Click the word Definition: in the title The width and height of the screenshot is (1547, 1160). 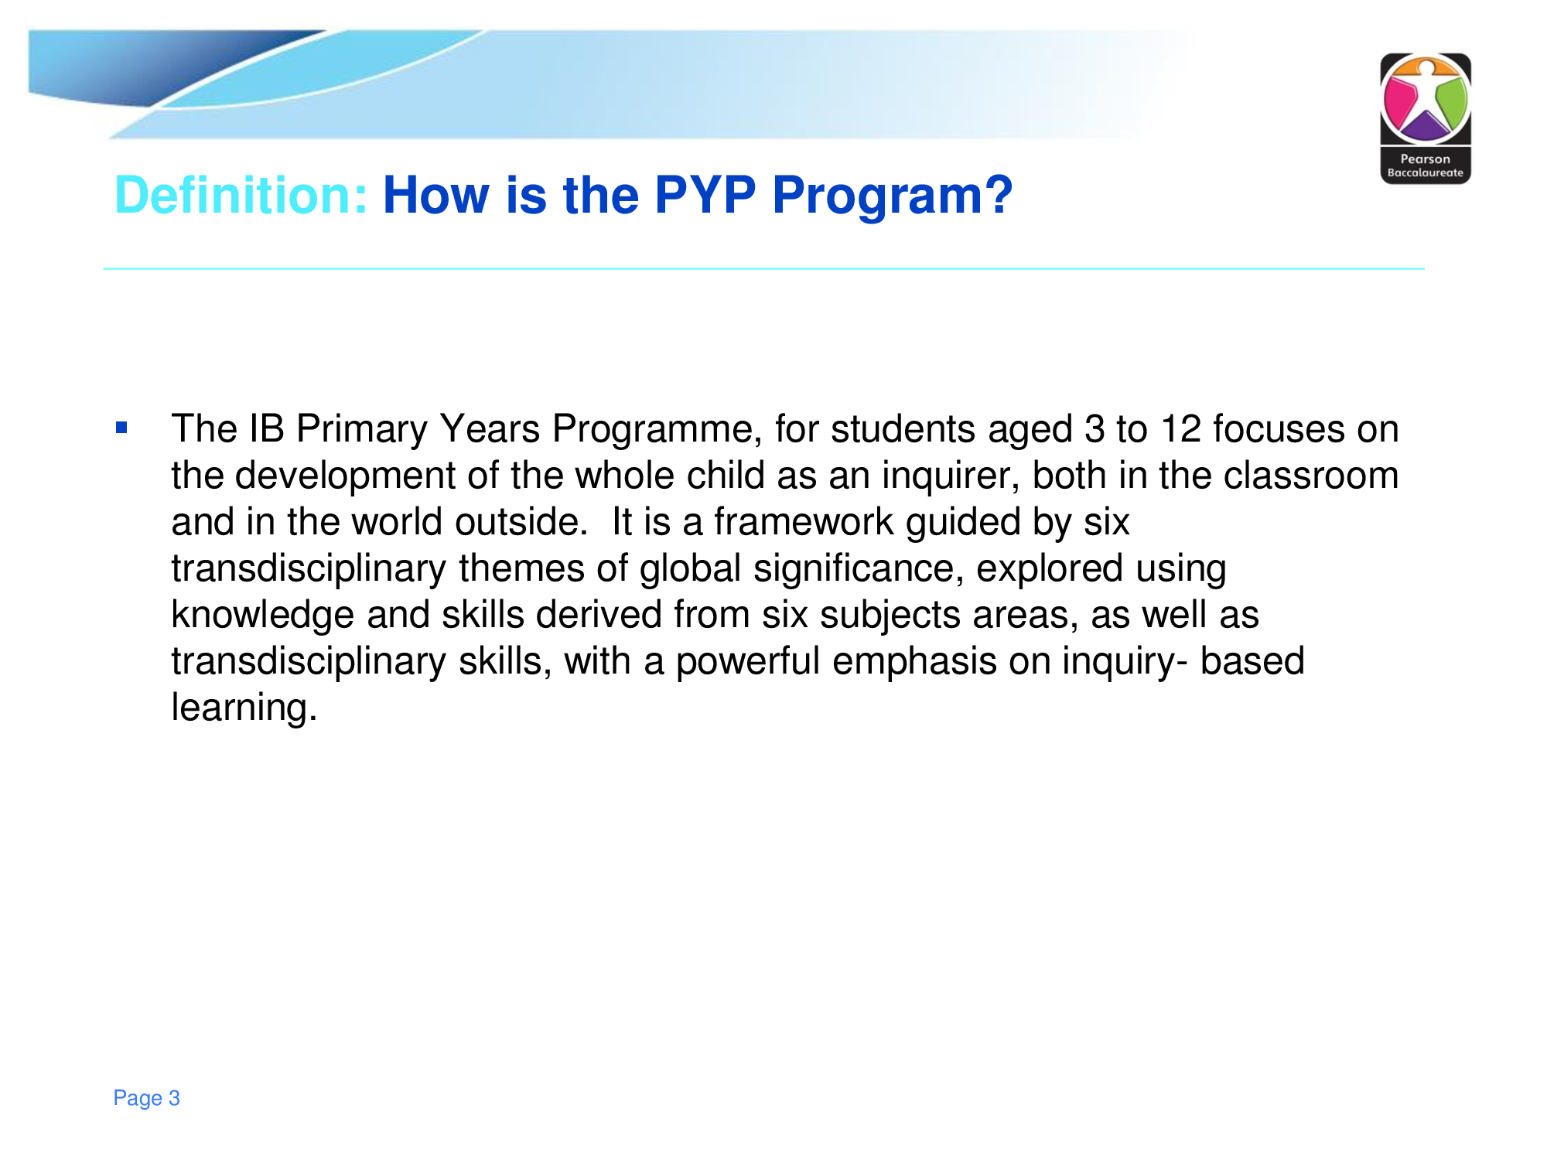pyautogui.click(x=241, y=195)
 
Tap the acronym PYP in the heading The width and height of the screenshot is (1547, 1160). pyautogui.click(x=705, y=195)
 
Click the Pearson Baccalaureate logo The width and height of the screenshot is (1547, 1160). pyautogui.click(x=1426, y=118)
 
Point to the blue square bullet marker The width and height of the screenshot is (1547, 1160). pyautogui.click(x=121, y=427)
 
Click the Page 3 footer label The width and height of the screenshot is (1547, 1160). pyautogui.click(x=146, y=1098)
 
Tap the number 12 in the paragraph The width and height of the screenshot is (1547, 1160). pyautogui.click(x=1180, y=429)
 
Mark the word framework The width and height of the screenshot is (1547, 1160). pyautogui.click(x=804, y=522)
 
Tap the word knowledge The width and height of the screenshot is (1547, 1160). pyautogui.click(x=263, y=616)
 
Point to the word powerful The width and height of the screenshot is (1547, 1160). pyautogui.click(x=748, y=662)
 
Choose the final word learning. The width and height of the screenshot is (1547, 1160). pyautogui.click(x=244, y=708)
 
